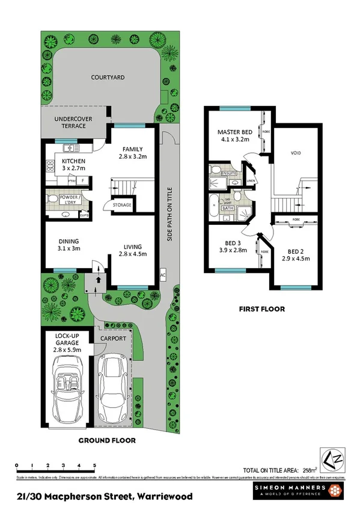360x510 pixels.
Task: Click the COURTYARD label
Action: tap(108, 77)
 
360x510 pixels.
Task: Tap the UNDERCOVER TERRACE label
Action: tap(73, 123)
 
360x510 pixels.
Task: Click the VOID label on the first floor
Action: tap(295, 153)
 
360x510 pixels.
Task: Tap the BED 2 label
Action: tap(296, 251)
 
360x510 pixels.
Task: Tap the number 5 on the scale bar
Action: tap(94, 465)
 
